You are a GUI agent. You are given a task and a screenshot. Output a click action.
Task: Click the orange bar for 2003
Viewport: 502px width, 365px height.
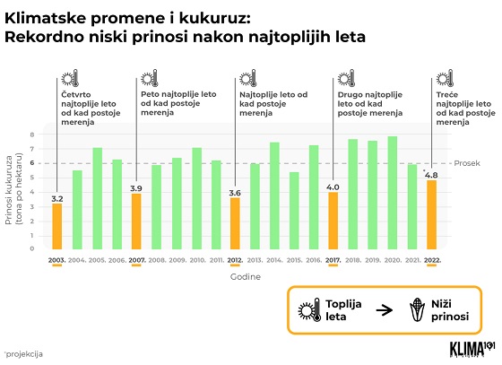[x=57, y=226]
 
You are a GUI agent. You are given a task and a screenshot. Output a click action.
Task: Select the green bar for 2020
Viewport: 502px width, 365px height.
[x=393, y=193]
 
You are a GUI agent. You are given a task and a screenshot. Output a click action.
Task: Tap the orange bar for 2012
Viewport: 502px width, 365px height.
[x=235, y=223]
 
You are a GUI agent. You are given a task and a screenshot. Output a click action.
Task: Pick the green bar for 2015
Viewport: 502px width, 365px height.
[x=294, y=211]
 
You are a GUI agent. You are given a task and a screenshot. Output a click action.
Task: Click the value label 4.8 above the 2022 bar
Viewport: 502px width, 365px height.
[x=431, y=175]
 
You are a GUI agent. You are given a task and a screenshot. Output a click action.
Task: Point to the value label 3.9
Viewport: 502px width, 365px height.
[x=136, y=188]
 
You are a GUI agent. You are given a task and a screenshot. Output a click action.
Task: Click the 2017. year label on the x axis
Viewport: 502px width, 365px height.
[x=333, y=260]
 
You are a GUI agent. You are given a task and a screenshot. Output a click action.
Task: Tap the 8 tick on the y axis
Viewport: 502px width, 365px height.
[x=32, y=135]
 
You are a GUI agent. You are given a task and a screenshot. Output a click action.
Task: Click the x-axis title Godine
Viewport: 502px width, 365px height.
[x=246, y=276]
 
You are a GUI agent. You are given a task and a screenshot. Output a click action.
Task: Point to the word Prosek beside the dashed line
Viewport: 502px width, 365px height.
[x=467, y=163]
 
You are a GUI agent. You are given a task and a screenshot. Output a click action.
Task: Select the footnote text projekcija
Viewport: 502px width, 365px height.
[x=23, y=354]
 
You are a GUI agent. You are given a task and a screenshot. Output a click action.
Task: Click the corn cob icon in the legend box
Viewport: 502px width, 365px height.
[x=417, y=309]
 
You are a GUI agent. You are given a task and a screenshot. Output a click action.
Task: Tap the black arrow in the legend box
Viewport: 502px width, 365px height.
[x=384, y=310]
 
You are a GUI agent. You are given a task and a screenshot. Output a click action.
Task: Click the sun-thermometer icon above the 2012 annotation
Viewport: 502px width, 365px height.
[x=248, y=78]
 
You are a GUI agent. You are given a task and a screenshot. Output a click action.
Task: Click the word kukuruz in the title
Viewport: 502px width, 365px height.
[x=213, y=18]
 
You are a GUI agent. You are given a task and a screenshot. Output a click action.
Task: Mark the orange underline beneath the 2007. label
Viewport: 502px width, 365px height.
[x=136, y=265]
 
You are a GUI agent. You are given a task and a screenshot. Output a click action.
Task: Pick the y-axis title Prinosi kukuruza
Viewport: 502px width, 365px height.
[x=9, y=190]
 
